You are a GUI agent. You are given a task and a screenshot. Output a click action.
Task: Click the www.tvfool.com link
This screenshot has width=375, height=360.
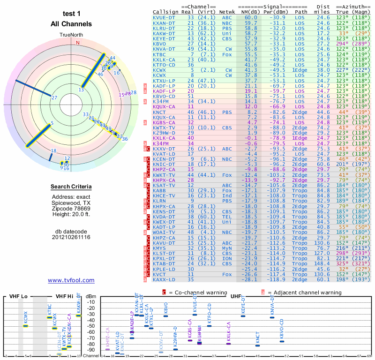pos(71,280)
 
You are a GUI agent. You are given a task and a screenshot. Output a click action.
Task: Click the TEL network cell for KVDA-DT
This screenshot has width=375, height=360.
pos(228,217)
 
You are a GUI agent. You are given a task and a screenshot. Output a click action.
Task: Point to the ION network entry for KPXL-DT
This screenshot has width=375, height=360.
pos(228,258)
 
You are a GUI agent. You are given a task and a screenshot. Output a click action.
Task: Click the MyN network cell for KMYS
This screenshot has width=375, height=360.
pos(228,248)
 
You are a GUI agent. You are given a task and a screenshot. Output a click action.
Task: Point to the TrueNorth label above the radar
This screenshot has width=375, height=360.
pos(71,35)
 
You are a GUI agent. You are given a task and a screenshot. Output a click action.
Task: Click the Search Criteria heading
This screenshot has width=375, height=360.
pos(71,187)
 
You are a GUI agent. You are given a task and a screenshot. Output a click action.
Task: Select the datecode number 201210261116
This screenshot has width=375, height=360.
pos(71,237)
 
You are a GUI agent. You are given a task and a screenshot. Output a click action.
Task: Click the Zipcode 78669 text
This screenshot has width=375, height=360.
pos(71,208)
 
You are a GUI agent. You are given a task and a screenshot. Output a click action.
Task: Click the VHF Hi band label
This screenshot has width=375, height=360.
pos(65,296)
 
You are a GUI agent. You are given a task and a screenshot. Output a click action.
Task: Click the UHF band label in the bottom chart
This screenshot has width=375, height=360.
pos(234,296)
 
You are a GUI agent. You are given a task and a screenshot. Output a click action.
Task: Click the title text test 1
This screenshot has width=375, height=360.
pos(71,14)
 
